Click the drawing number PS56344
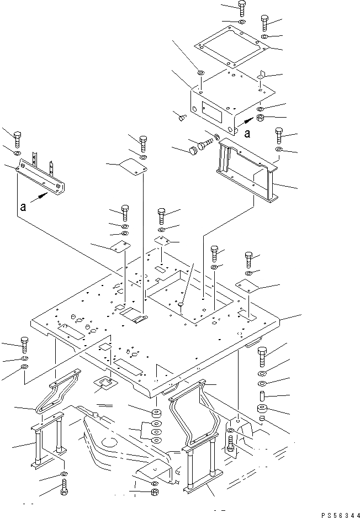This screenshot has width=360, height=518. point(333,514)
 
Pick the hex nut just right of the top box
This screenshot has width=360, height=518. point(262,118)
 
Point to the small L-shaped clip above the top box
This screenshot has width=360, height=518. point(263,73)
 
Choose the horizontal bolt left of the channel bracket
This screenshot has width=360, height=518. point(205,141)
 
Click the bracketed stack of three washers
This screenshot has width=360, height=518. point(156,432)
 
